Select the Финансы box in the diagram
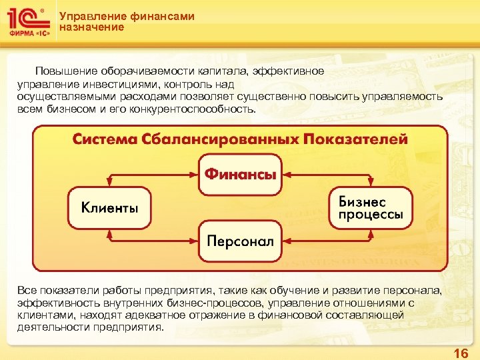[x=240, y=174]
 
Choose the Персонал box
[x=240, y=241]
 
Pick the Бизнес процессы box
[x=371, y=207]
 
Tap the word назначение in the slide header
[x=91, y=27]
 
